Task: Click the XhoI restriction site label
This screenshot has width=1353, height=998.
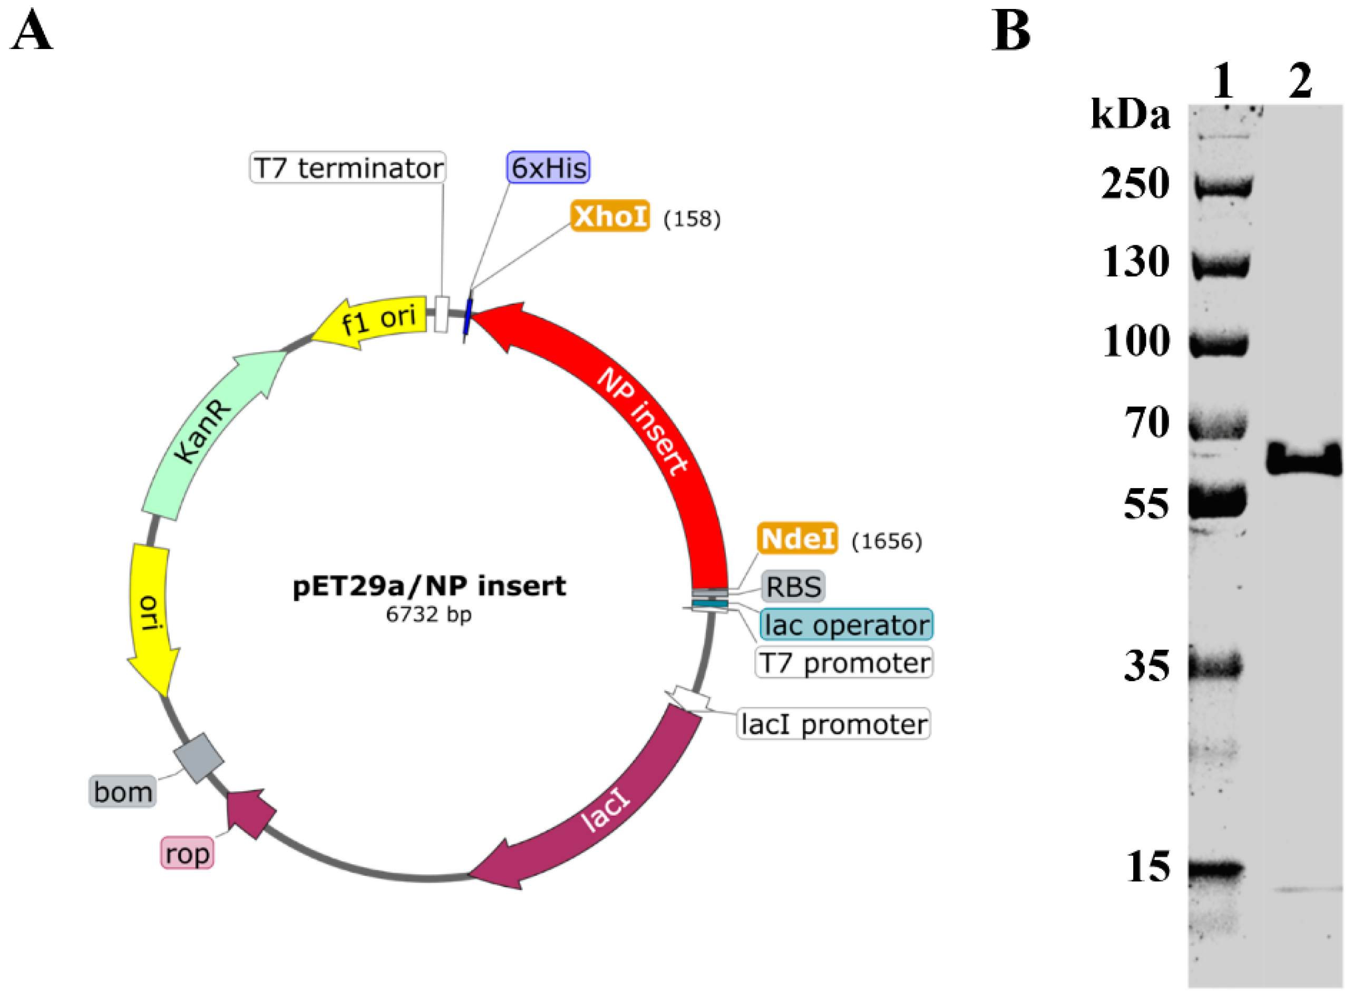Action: pos(610,216)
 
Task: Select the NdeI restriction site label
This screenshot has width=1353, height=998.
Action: pos(797,538)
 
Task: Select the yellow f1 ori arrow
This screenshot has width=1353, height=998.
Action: pos(375,320)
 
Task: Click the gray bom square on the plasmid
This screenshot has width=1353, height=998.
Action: pos(199,758)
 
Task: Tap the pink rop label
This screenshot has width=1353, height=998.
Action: pos(187,854)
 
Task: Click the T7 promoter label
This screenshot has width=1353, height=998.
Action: pos(844,663)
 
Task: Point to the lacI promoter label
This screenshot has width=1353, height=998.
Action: pos(833,724)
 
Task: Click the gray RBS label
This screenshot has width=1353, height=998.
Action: pos(793,587)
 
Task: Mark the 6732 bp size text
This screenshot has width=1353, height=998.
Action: pos(429,614)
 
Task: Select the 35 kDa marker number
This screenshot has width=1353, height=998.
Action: pos(1146,666)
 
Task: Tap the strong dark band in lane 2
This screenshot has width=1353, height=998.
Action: pos(1303,460)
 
